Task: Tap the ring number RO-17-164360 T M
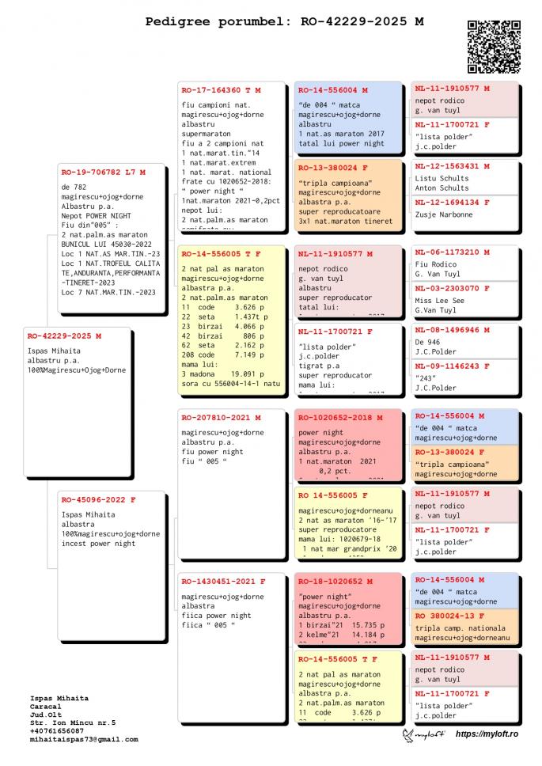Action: coord(221,89)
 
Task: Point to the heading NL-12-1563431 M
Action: coord(453,166)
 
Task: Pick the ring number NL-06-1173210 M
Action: coord(453,252)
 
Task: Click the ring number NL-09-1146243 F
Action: coord(453,366)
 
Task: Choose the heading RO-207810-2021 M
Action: coord(221,417)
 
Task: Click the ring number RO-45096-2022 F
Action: coord(99,499)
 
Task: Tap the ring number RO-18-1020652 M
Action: coord(335,581)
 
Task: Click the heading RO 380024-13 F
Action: coord(450,616)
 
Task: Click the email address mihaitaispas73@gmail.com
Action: coord(84,739)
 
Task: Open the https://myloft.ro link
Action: coord(487,734)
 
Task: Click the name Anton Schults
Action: coord(442,188)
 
